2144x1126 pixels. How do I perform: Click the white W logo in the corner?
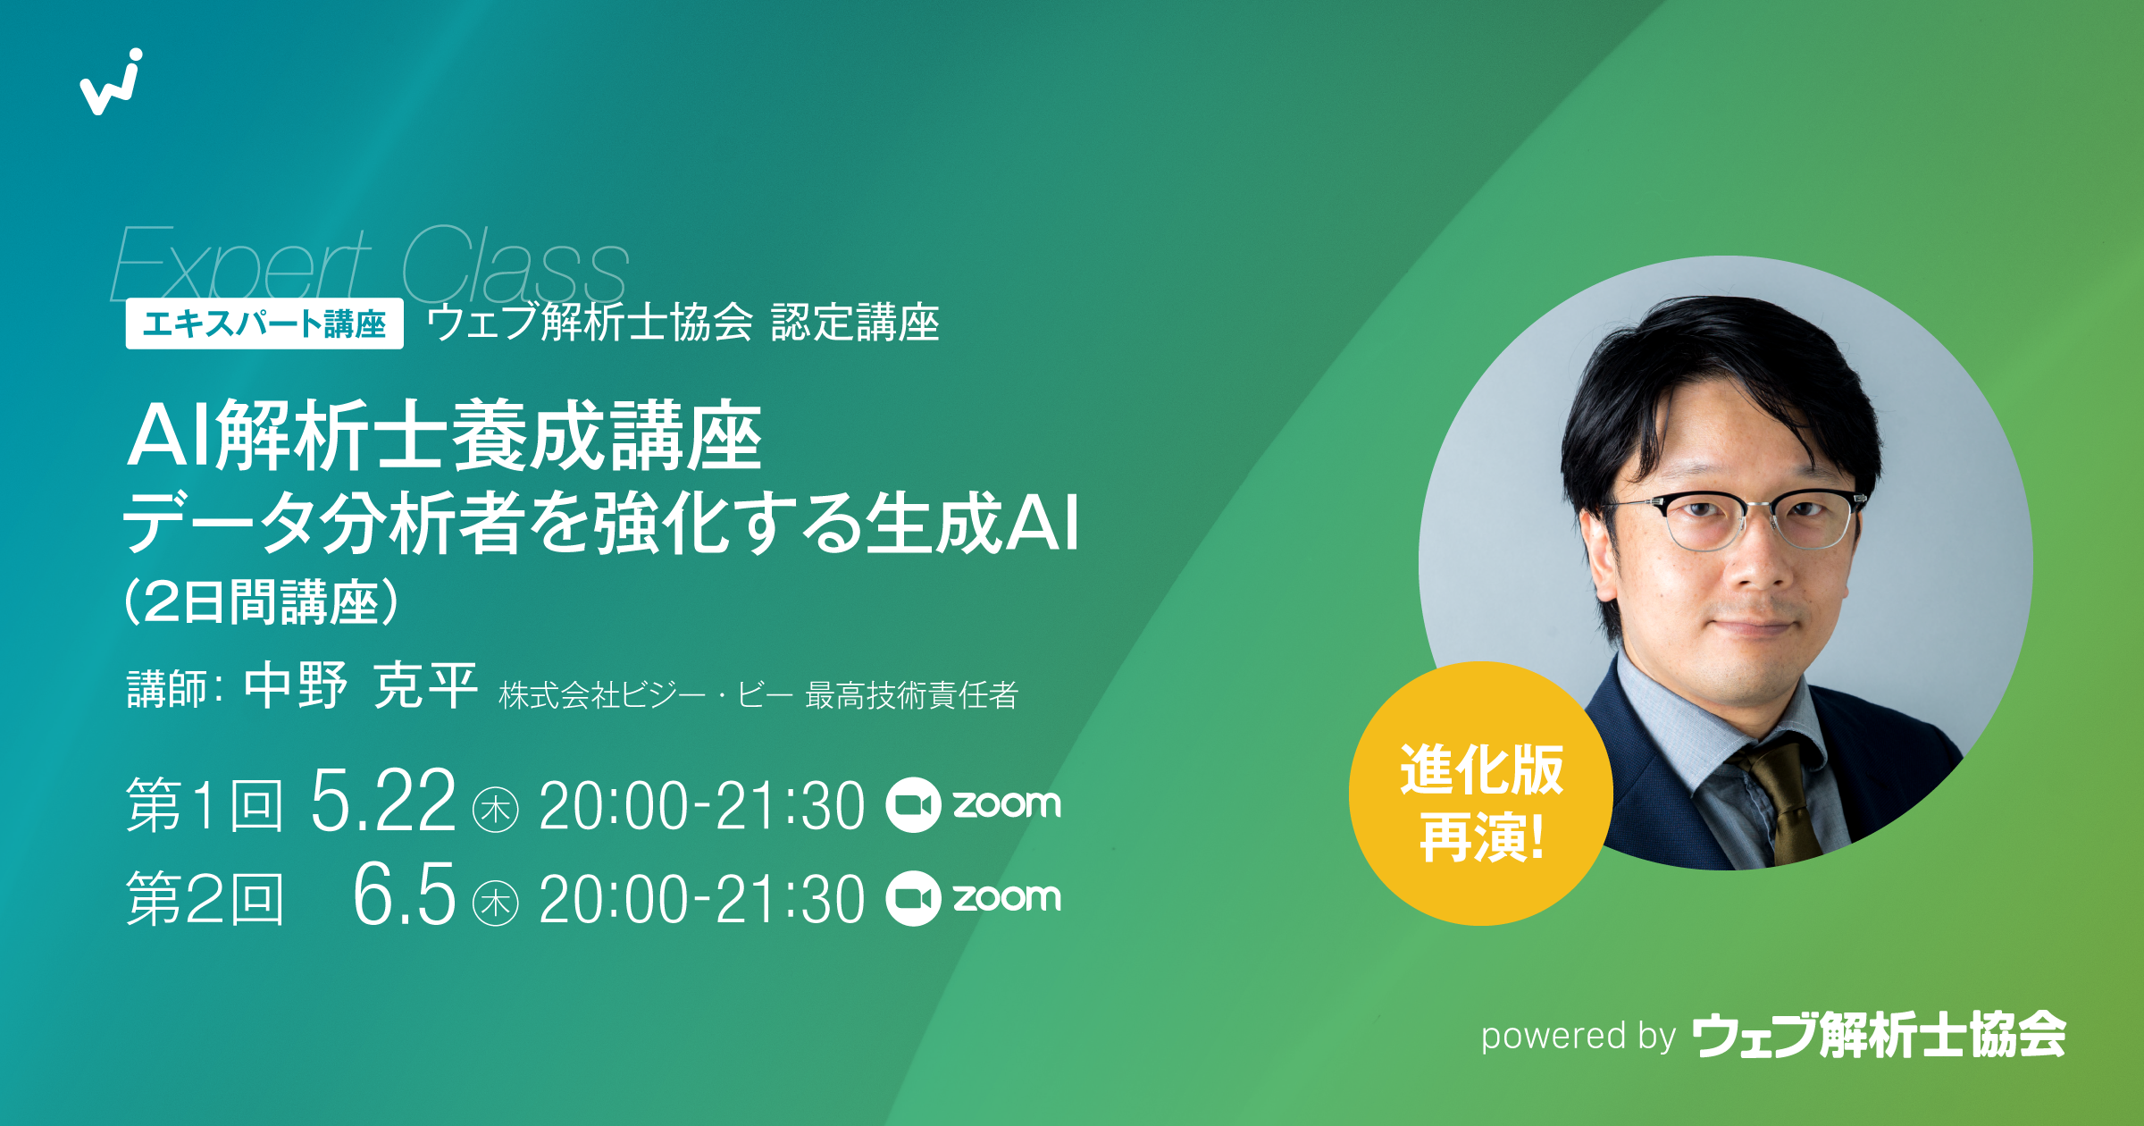[112, 82]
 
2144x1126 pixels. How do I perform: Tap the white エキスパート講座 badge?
[264, 324]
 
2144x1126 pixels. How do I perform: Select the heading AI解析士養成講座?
[444, 435]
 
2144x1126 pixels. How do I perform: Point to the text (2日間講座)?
[261, 601]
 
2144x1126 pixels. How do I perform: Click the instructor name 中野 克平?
[361, 686]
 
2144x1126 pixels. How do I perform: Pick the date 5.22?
[382, 802]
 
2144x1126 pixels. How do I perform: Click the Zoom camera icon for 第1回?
[913, 805]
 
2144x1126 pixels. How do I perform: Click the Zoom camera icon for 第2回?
[913, 898]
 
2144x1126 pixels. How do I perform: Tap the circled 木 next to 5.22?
[495, 810]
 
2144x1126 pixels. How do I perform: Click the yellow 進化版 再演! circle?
[1480, 794]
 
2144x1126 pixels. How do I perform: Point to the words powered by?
[1579, 1036]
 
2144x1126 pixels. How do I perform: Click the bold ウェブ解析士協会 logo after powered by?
[1880, 1035]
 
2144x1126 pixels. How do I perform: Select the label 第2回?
[205, 898]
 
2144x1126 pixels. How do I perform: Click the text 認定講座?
[855, 323]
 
